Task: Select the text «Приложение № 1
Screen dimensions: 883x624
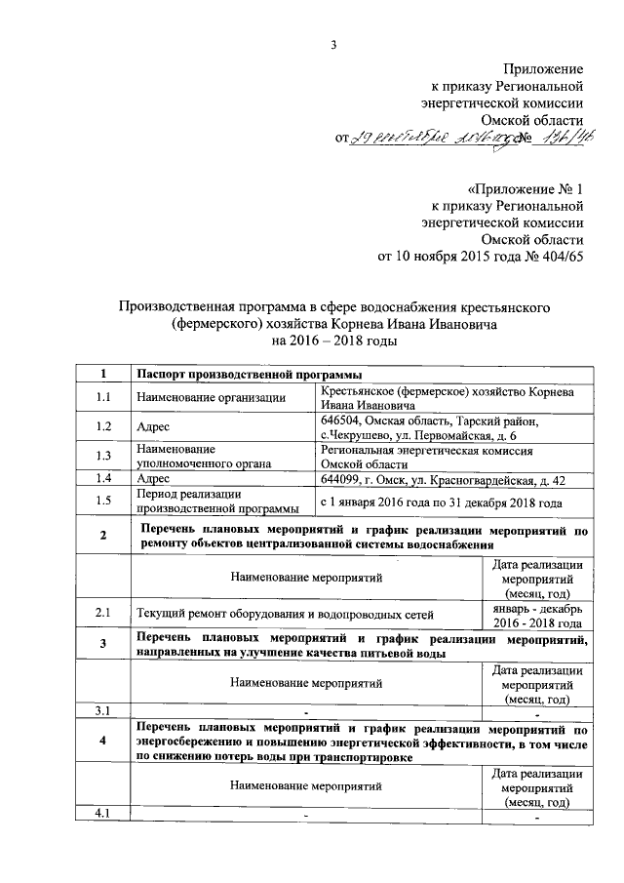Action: [x=525, y=187]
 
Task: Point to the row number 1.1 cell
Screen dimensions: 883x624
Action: [x=103, y=396]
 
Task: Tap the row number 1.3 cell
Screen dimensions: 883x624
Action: [x=103, y=456]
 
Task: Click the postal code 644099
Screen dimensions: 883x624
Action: [x=342, y=479]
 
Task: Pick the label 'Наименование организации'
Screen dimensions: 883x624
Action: [x=211, y=396]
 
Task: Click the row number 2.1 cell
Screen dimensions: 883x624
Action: [x=103, y=613]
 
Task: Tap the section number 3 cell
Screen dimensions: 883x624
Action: [x=103, y=646]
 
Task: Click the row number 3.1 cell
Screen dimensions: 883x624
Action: [x=103, y=709]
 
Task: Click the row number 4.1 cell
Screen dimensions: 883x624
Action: [x=103, y=813]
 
